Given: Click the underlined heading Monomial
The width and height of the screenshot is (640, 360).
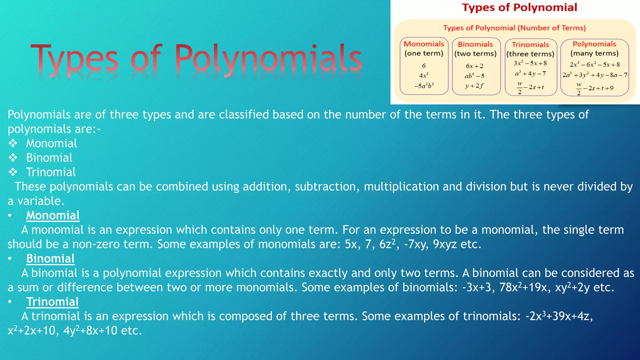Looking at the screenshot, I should (53, 215).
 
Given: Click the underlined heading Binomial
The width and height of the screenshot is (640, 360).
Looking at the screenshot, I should (50, 258).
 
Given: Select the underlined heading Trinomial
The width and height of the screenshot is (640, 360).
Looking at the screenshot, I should (52, 302).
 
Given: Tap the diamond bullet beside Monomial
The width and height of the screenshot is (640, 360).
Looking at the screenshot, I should (13, 143).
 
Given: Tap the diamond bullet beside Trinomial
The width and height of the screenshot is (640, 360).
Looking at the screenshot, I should (13, 172).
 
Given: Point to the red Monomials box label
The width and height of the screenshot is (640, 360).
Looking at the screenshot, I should (424, 44).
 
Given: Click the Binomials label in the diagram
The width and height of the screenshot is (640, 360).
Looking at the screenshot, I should (475, 44).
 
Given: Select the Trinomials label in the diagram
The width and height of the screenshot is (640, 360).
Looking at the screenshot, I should (530, 45).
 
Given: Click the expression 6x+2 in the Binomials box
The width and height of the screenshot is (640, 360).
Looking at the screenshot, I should (474, 66).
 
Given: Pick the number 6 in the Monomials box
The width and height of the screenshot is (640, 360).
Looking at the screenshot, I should (424, 66).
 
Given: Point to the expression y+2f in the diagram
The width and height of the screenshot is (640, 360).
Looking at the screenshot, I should (474, 86).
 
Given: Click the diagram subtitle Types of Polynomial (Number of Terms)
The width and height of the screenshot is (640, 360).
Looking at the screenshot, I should (514, 28).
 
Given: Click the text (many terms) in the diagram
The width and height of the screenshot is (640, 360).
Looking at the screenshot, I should (594, 53).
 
